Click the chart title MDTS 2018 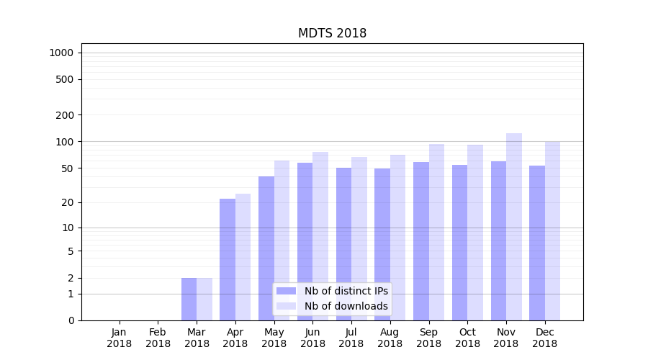[x=332, y=34]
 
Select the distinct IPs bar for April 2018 [x=228, y=259]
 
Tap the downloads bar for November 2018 [x=514, y=227]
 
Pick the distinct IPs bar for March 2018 [x=189, y=299]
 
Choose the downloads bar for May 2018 [x=282, y=240]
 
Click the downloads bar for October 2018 [x=475, y=233]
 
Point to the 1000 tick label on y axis [x=61, y=53]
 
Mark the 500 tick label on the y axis [x=65, y=79]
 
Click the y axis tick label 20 [x=68, y=202]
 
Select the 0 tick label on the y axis [x=71, y=320]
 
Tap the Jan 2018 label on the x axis [x=120, y=338]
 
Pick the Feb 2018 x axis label [x=158, y=338]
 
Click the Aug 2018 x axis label [x=390, y=338]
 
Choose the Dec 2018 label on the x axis [x=544, y=338]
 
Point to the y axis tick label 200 [x=65, y=115]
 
